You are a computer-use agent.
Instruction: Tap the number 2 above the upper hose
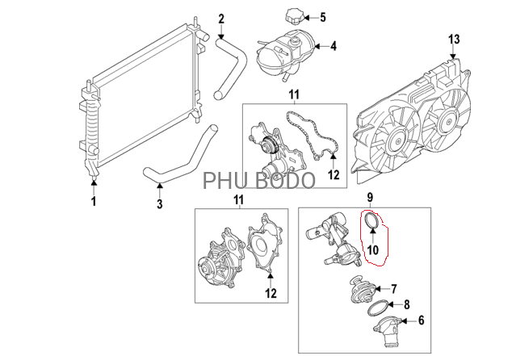coord(221,17)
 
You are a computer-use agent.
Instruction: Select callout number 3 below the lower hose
coord(159,203)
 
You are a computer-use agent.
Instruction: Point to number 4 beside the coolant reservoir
coord(334,45)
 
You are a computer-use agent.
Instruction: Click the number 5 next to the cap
coord(322,17)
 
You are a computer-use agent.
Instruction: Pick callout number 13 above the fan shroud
coord(454,38)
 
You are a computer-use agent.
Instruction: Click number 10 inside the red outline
coord(371,249)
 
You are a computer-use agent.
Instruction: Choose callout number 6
coord(420,321)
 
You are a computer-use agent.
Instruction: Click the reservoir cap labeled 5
coord(291,17)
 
